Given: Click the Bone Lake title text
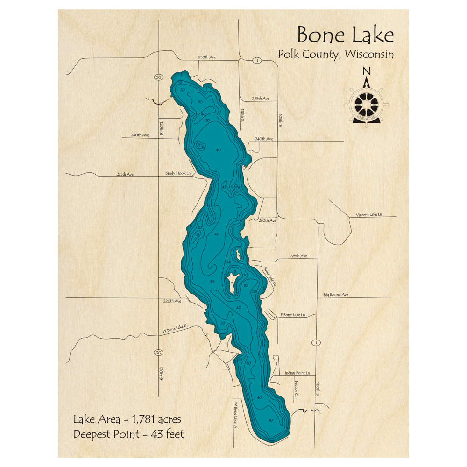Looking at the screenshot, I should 345,35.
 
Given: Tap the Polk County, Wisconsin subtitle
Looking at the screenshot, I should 336,54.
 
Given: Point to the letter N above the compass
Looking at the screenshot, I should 367,71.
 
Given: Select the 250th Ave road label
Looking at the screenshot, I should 207,57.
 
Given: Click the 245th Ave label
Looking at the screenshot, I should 260,99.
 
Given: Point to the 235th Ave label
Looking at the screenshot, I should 125,174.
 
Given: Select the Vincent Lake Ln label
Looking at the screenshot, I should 369,215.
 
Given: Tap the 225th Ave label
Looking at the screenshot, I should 298,256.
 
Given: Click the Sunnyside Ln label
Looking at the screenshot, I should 269,276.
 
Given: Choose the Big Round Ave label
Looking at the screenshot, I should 336,295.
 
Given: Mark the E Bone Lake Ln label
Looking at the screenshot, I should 292,315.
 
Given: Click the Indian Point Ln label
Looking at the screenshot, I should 297,373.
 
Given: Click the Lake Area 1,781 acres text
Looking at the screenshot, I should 127,419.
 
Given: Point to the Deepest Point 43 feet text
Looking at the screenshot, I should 128,434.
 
